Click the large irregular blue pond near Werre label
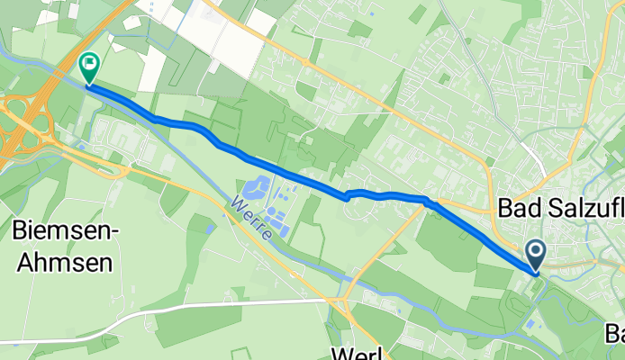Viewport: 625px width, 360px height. pos(253,188)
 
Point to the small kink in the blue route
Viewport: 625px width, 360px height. pos(347,197)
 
